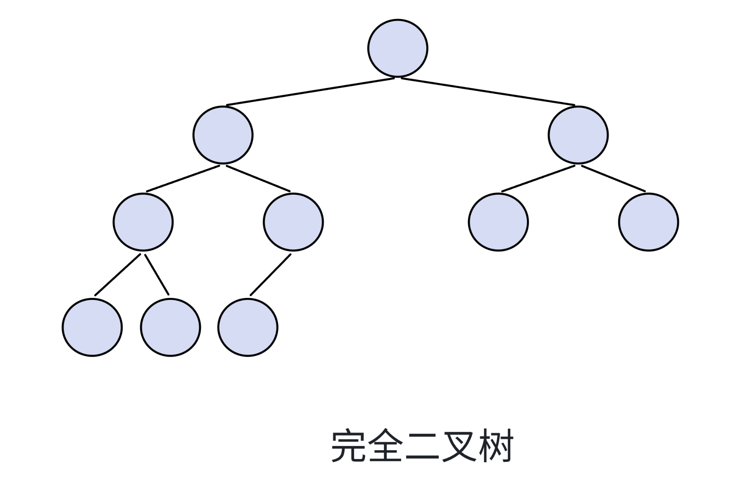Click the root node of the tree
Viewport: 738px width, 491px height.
click(397, 48)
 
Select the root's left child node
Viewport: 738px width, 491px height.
click(223, 135)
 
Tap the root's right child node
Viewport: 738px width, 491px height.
click(578, 135)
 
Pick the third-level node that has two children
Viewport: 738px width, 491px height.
click(143, 222)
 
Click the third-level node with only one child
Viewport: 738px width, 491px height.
click(293, 222)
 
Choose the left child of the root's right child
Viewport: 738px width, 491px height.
click(498, 222)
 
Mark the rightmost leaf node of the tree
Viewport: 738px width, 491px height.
click(648, 222)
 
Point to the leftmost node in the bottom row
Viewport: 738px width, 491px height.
click(92, 327)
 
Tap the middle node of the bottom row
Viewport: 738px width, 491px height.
click(170, 327)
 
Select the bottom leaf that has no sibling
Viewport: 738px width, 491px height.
click(248, 327)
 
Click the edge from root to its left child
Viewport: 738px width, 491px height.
click(310, 92)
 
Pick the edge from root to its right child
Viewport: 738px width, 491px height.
click(488, 92)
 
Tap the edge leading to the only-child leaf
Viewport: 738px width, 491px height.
click(270, 275)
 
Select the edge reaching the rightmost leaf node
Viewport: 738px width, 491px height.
click(614, 179)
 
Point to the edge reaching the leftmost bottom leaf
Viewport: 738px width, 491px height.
click(118, 275)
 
